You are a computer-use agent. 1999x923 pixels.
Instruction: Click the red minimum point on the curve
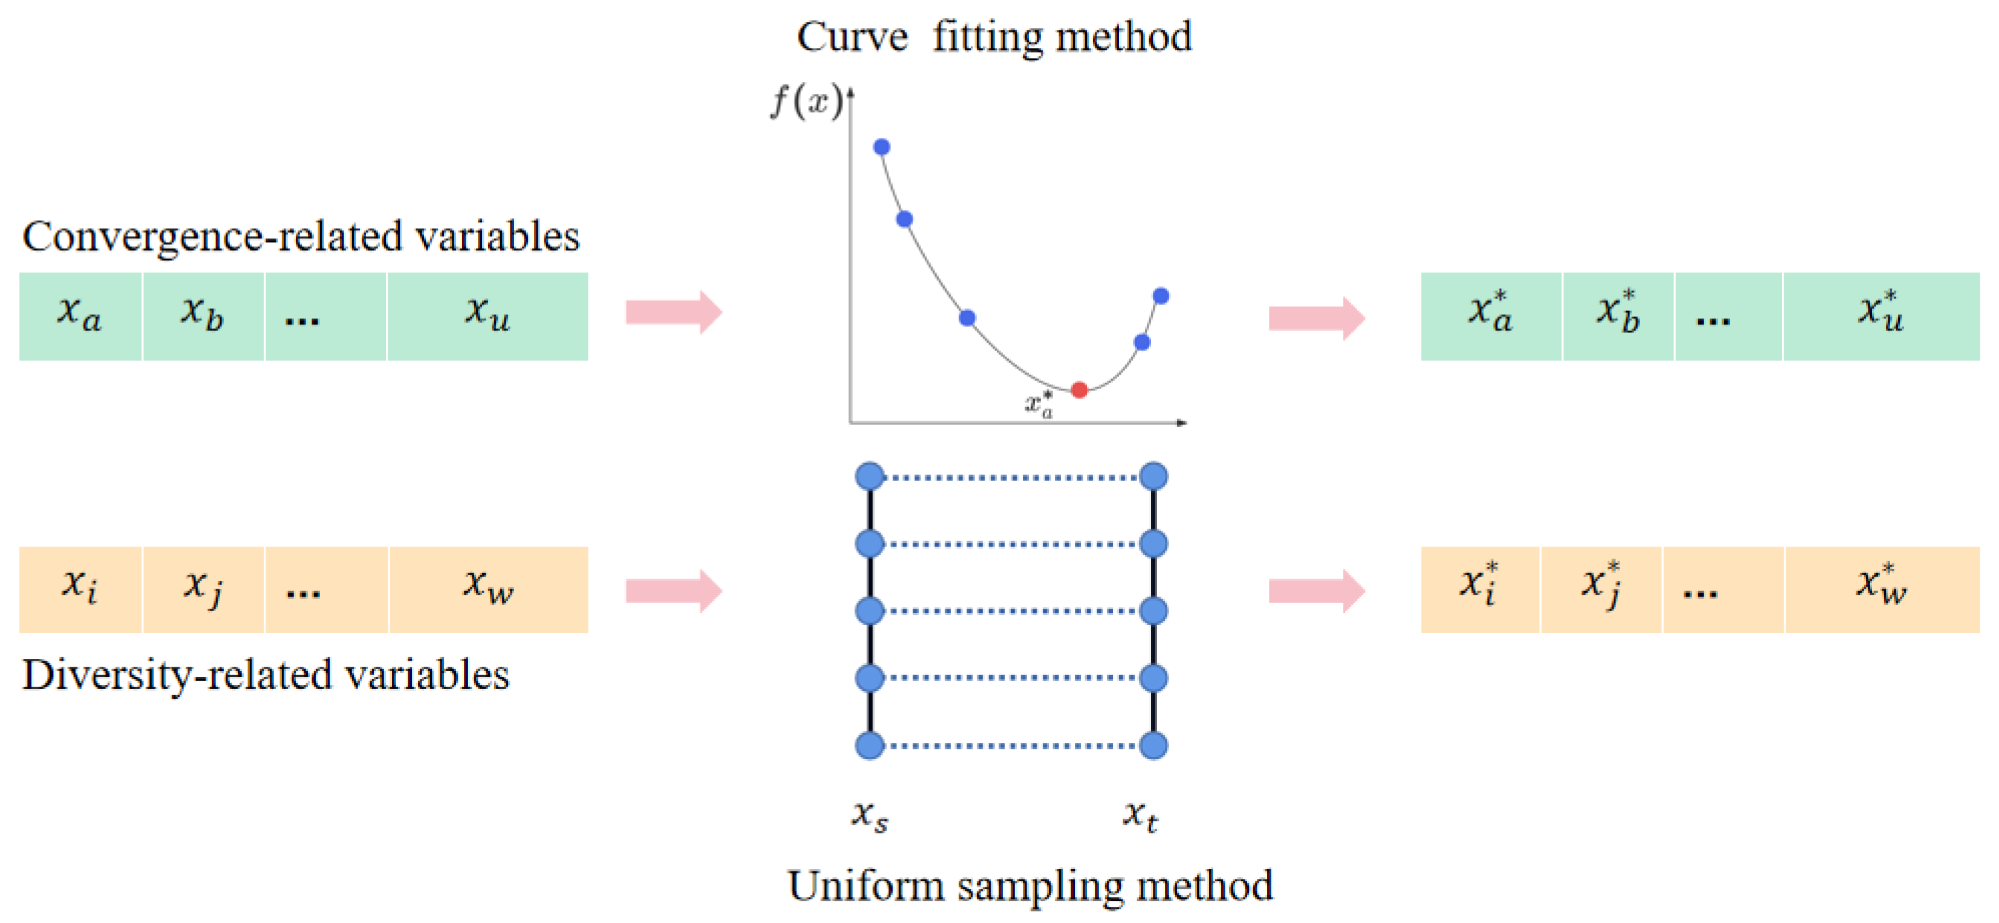click(1078, 390)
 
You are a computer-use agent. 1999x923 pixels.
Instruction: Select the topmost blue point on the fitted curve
click(881, 147)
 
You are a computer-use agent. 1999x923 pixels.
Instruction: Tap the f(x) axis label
click(807, 102)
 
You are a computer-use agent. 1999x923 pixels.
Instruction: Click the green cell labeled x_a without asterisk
click(80, 316)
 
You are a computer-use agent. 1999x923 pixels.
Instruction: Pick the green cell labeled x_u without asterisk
click(488, 316)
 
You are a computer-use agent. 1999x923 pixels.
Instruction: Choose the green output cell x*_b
click(1618, 316)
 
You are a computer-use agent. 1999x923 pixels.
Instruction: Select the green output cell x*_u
click(1881, 316)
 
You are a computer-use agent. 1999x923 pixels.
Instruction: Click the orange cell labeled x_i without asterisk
click(80, 589)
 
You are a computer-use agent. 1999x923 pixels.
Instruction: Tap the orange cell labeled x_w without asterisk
click(488, 589)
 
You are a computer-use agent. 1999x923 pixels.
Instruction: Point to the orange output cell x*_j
click(1601, 589)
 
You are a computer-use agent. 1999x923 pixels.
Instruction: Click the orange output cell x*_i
click(1480, 589)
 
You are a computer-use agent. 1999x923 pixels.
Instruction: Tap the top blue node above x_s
click(870, 476)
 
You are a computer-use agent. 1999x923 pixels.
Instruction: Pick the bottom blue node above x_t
click(1153, 745)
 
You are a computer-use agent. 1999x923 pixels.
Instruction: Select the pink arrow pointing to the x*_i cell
click(1316, 591)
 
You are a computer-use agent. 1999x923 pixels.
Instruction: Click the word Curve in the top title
click(852, 37)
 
